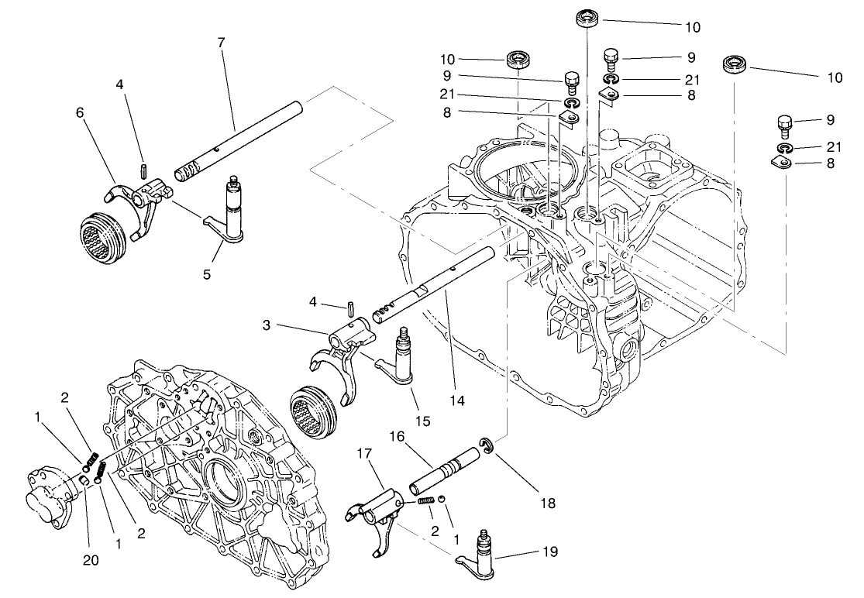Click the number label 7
click(222, 43)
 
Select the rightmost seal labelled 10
click(734, 64)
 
